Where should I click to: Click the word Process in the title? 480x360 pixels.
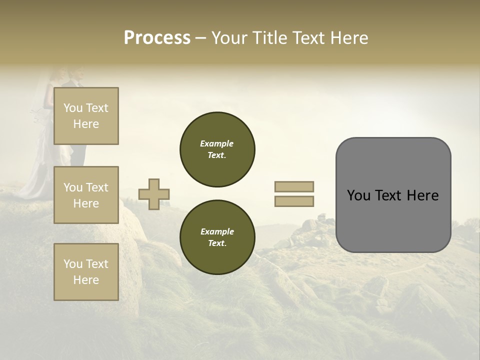point(157,38)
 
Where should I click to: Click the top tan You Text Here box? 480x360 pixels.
point(86,116)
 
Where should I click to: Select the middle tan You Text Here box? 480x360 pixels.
point(86,195)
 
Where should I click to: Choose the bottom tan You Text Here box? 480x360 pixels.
point(86,272)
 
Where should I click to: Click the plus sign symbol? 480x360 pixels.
point(154,194)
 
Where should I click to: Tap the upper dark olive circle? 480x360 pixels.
point(217,149)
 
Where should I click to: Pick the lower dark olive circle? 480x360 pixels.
point(217,237)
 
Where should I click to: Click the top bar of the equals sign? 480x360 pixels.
point(294,186)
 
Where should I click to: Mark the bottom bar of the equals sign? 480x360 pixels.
point(294,201)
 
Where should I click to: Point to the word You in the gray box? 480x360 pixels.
point(358,195)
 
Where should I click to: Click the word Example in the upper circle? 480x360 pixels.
point(216,143)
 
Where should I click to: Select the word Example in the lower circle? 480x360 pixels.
point(216,231)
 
